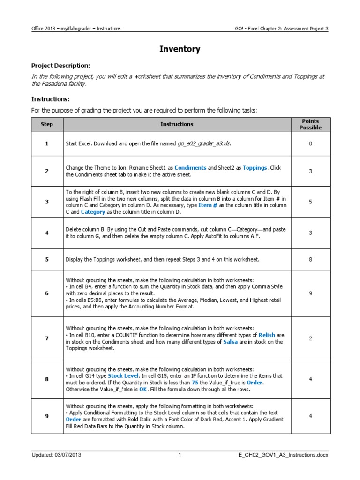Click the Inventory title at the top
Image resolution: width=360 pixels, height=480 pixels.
pos(180,49)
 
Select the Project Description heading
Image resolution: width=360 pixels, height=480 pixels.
pos(60,66)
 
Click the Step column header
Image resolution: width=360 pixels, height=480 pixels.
pos(47,124)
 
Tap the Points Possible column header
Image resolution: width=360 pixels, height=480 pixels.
pos(310,124)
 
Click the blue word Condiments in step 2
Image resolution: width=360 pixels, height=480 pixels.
pos(190,168)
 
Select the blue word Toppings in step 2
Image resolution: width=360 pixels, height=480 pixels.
pos(255,168)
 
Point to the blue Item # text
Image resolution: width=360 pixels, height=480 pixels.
pos(210,205)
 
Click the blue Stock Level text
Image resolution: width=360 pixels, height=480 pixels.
pos(123,376)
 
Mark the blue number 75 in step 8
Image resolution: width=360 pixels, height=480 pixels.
pos(195,382)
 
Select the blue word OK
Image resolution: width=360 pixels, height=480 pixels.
pos(143,389)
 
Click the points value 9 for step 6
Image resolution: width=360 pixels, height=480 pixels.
pos(310,293)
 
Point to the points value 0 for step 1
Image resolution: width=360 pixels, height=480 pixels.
pos(310,143)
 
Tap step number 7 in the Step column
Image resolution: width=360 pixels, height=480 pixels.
pos(47,338)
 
